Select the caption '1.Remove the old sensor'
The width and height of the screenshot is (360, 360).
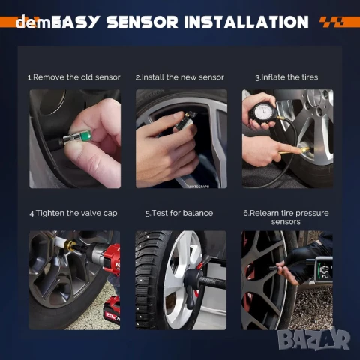click(x=74, y=77)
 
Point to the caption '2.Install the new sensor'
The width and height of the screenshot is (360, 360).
click(x=180, y=77)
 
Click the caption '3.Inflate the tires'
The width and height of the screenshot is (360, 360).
click(x=286, y=77)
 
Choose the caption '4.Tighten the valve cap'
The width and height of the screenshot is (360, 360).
click(x=74, y=213)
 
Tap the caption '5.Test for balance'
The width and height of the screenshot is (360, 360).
click(x=180, y=213)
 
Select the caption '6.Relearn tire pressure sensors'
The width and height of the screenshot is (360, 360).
click(x=286, y=217)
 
